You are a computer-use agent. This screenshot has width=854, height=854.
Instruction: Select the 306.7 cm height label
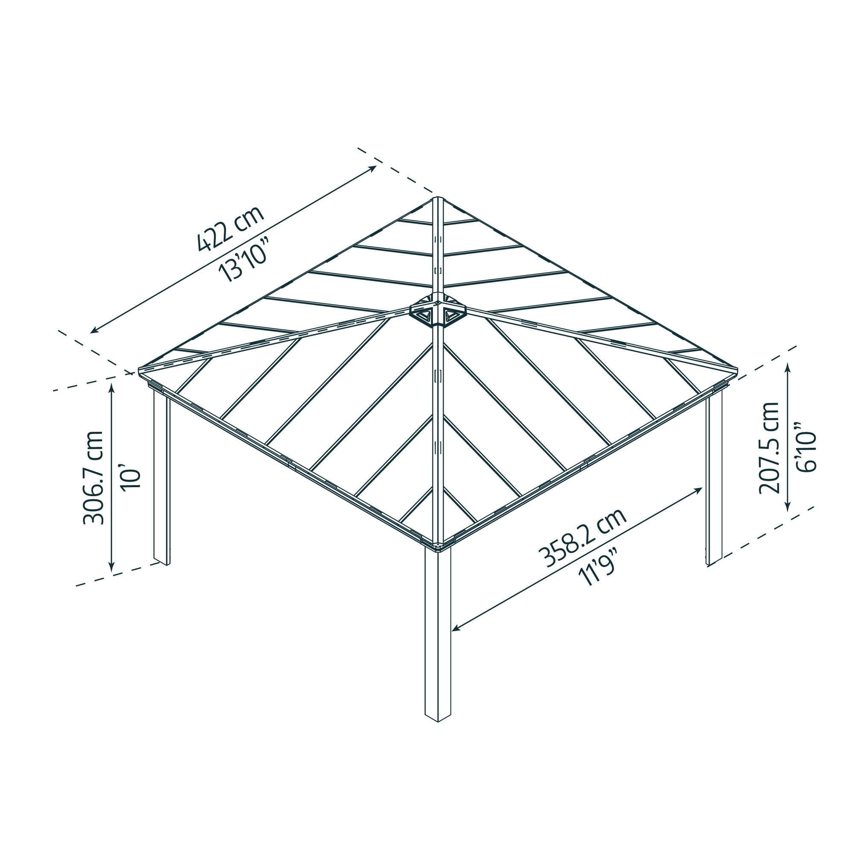[94, 478]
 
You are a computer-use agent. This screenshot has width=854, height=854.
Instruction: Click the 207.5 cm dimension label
[769, 448]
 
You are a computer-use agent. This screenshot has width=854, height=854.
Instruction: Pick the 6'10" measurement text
[806, 447]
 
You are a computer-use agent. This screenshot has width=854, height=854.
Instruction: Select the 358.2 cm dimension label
[582, 538]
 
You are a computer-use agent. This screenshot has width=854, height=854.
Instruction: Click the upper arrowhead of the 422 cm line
[375, 167]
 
